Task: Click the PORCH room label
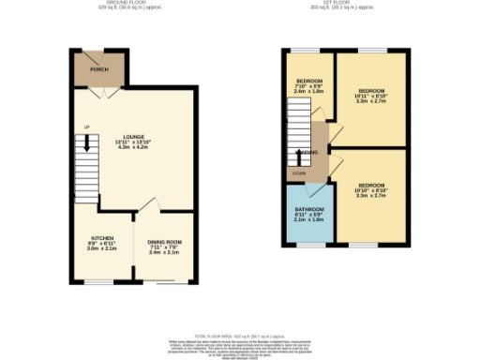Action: [97, 70]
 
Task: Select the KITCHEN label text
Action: [102, 238]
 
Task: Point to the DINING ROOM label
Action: [164, 243]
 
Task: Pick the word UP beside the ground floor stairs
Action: [86, 127]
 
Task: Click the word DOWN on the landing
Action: [298, 173]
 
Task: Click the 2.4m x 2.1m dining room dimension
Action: [164, 254]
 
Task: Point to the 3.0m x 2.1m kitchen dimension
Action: [102, 249]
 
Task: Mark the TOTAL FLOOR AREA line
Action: [240, 335]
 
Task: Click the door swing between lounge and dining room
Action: [145, 205]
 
